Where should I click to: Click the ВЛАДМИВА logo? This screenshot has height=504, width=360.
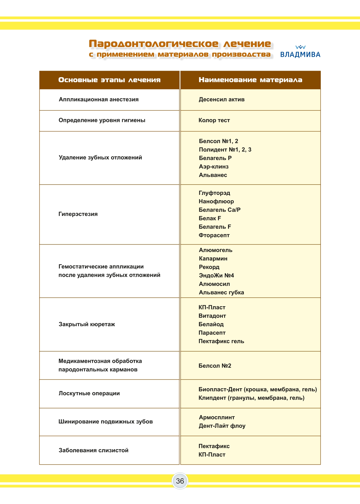tap(300, 52)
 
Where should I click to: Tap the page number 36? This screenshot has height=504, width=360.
tap(180, 481)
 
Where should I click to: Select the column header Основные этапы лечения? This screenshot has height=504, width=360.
tap(109, 80)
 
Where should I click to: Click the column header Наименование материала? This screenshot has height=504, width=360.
tap(250, 80)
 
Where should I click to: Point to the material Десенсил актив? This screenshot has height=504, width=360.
tap(221, 100)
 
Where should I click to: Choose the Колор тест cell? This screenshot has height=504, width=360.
tap(214, 120)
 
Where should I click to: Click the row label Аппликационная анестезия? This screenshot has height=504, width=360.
tap(98, 100)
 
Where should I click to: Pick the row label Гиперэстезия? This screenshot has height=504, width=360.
tap(78, 214)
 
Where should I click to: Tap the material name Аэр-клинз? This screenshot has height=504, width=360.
tap(214, 167)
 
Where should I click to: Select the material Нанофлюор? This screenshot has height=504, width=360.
tap(216, 201)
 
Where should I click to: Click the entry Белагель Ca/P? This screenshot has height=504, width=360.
tap(219, 210)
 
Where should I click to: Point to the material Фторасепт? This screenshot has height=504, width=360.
tap(214, 235)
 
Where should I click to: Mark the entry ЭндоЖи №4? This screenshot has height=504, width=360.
tap(216, 275)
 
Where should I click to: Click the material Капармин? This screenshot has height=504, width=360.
tap(213, 259)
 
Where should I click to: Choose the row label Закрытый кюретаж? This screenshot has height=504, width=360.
tap(87, 324)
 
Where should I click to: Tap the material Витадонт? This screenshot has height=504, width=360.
tap(212, 316)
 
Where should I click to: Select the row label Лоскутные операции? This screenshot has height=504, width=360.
tap(89, 394)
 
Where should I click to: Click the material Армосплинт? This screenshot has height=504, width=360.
tap(217, 417)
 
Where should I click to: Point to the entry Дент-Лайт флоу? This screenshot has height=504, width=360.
tap(222, 426)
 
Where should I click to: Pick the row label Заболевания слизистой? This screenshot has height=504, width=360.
tap(93, 450)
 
